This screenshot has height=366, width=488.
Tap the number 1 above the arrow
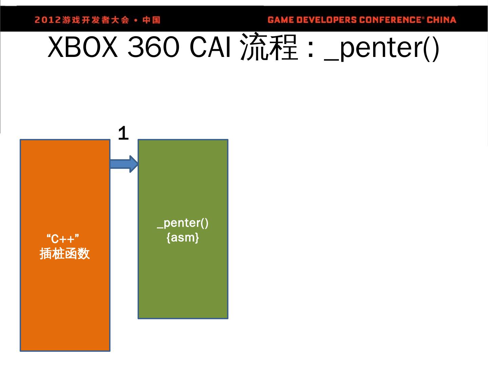pyautogui.click(x=123, y=134)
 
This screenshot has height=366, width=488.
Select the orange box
pyautogui.click(x=65, y=298)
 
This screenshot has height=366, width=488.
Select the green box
pyautogui.click(x=183, y=278)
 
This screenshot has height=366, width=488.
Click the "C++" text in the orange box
pyautogui.click(x=63, y=239)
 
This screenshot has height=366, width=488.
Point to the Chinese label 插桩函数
pyautogui.click(x=65, y=253)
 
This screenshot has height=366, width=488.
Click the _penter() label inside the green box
pyautogui.click(x=183, y=223)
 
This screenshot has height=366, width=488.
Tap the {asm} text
pyautogui.click(x=183, y=238)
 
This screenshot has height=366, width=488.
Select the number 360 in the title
pyautogui.click(x=152, y=47)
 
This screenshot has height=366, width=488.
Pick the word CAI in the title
pyautogui.click(x=210, y=47)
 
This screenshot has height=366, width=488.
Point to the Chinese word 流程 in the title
pyautogui.click(x=269, y=47)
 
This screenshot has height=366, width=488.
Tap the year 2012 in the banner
pyautogui.click(x=47, y=20)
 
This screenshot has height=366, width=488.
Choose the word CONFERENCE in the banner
pyautogui.click(x=390, y=20)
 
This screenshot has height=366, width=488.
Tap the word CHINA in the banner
pyautogui.click(x=441, y=20)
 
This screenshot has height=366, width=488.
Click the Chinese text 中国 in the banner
pyautogui.click(x=151, y=20)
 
